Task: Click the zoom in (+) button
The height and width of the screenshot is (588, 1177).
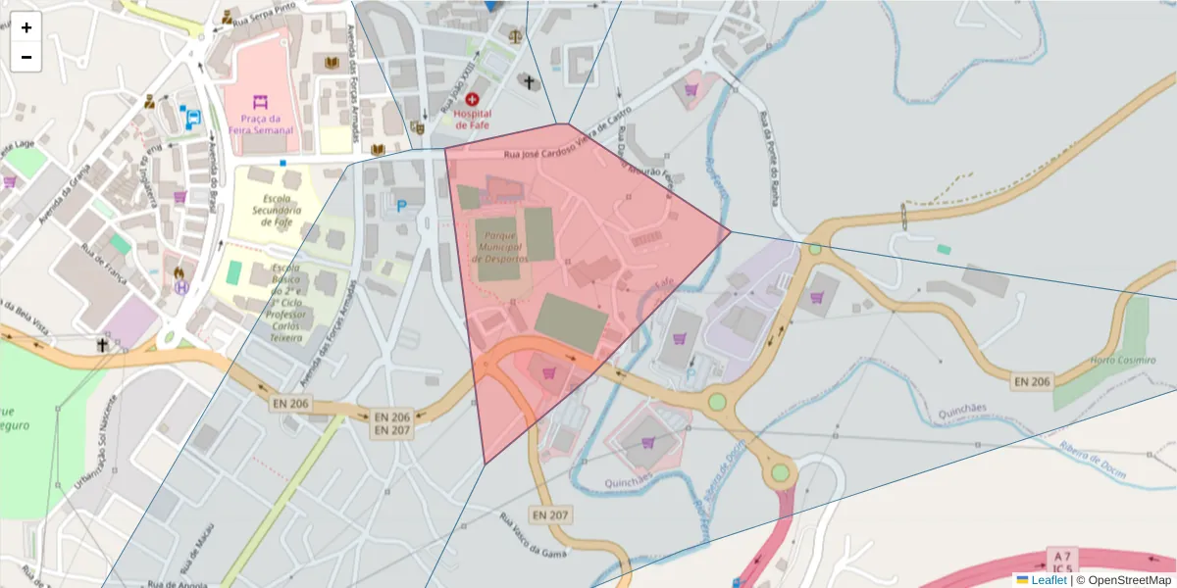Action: (26, 27)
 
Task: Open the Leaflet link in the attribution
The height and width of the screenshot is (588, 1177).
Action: (1049, 580)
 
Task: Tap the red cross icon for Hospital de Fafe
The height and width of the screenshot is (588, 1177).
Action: (473, 99)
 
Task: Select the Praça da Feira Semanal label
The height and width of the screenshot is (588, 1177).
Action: (259, 124)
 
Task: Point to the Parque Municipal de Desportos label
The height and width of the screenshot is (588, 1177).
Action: (499, 248)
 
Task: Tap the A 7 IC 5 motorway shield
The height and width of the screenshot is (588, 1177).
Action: (1062, 560)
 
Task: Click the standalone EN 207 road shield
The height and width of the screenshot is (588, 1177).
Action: (551, 514)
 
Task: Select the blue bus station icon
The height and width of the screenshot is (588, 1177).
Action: (194, 118)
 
